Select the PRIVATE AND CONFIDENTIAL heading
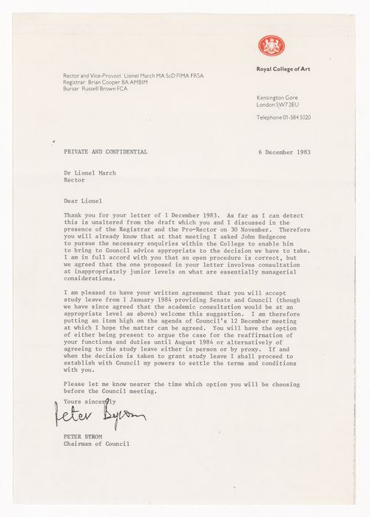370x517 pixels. (106, 152)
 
